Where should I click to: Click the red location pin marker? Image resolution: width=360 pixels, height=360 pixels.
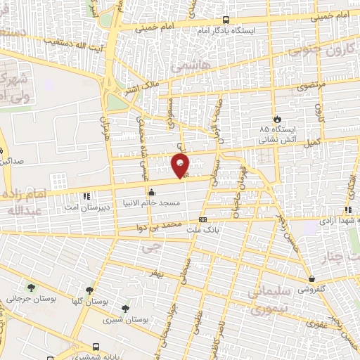[x=181, y=165]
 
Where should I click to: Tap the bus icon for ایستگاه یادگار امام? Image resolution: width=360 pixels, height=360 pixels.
[x=225, y=20]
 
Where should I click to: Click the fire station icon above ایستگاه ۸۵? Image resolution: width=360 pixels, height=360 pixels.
[x=278, y=120]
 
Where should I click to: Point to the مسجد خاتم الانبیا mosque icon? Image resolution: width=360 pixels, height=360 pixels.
[x=150, y=191]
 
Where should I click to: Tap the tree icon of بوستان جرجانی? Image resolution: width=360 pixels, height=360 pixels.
[x=31, y=287]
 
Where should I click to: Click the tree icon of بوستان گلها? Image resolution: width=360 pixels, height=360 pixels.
[x=89, y=290]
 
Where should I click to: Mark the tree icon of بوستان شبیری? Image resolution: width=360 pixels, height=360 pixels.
[x=125, y=309]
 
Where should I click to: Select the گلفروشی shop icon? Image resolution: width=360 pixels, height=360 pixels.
[x=311, y=278]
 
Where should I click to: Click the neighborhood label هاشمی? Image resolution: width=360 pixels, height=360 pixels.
[x=186, y=66]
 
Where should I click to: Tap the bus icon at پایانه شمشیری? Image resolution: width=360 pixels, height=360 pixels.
[x=96, y=347]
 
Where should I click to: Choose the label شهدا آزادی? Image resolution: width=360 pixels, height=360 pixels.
[x=331, y=223]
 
